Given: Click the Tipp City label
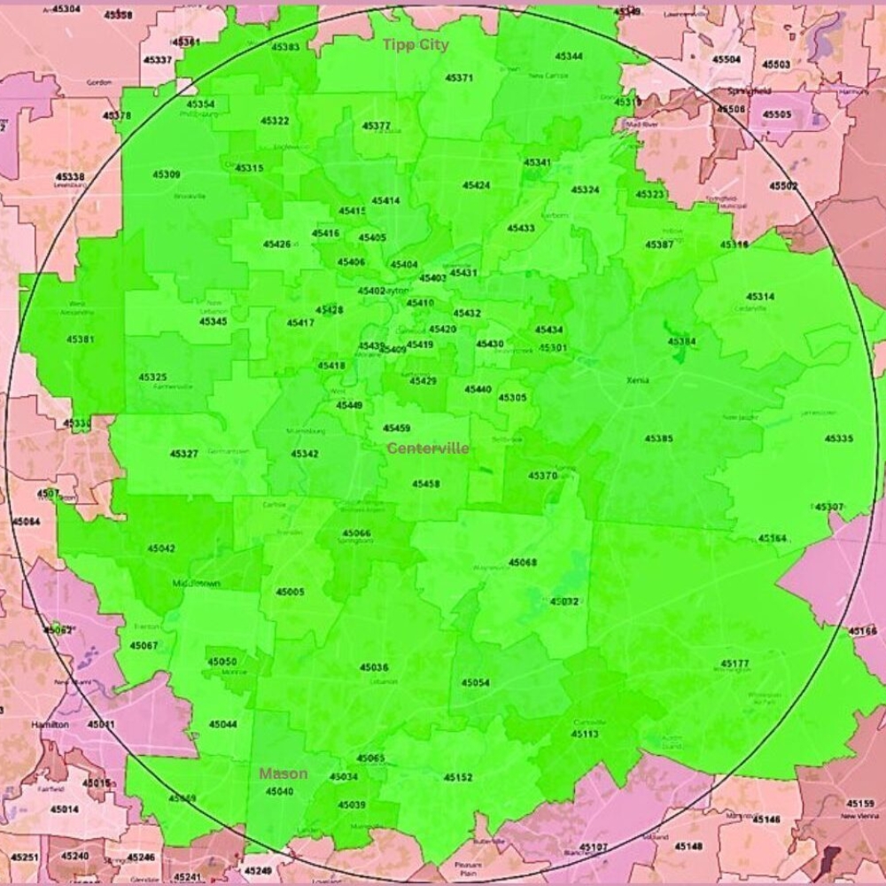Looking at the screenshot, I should click(x=416, y=44).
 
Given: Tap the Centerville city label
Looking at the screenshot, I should click(x=428, y=448).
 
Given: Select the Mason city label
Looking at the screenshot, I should click(x=284, y=773).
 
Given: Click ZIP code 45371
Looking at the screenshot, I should click(x=459, y=78).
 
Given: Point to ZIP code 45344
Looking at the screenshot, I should click(x=569, y=57).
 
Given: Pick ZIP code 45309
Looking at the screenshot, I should click(x=167, y=175).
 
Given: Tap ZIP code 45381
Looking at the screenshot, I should click(x=80, y=339).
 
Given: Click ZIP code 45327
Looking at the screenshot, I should click(x=184, y=454).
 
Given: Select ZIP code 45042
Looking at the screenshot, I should click(x=161, y=548).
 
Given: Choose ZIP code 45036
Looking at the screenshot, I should click(x=374, y=667).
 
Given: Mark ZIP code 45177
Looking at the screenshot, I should click(x=734, y=664).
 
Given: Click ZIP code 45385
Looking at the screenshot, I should click(x=658, y=439).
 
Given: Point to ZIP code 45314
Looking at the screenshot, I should click(x=759, y=297).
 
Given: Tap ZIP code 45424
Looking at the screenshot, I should click(x=477, y=185).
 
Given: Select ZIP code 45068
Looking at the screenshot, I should click(x=523, y=563).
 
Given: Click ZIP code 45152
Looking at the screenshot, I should click(x=458, y=777).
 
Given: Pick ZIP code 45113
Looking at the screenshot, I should click(x=585, y=734).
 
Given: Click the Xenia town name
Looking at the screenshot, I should click(x=637, y=380).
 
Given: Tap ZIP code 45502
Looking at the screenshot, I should click(x=783, y=186).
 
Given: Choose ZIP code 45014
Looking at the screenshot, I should click(x=64, y=809).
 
